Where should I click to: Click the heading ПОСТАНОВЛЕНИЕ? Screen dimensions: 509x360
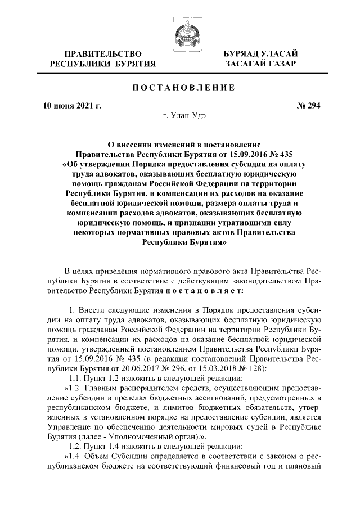point(180,88)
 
